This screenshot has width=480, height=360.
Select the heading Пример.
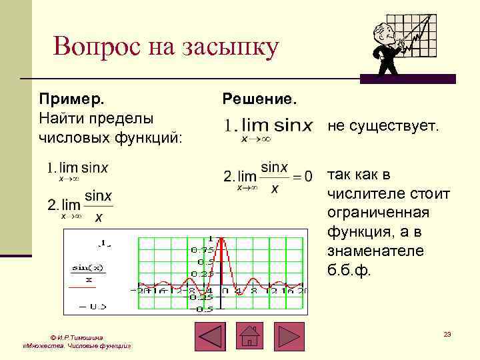[71, 99]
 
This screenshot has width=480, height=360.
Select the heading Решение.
[259, 99]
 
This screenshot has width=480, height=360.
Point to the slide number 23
[447, 333]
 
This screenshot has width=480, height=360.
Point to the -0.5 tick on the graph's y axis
[203, 309]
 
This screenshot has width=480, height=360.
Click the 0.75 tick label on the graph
[201, 250]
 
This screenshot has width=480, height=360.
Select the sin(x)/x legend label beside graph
[83, 273]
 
